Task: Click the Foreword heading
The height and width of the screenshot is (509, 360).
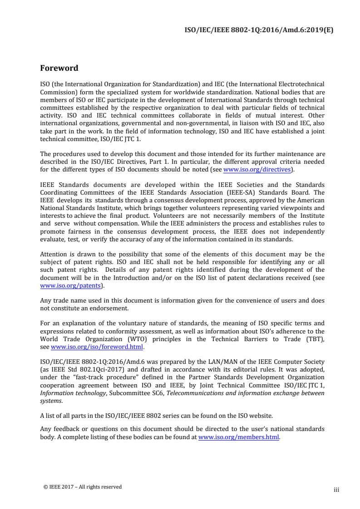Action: pos(59,69)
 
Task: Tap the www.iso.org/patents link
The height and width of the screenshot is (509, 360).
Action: pos(70,286)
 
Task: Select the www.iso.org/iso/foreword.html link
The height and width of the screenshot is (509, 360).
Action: pos(97,347)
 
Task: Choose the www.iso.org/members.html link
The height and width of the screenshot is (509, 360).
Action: pos(239,438)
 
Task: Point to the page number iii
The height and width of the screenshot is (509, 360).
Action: pos(336,489)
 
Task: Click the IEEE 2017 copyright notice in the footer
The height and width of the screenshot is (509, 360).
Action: pos(82,487)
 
